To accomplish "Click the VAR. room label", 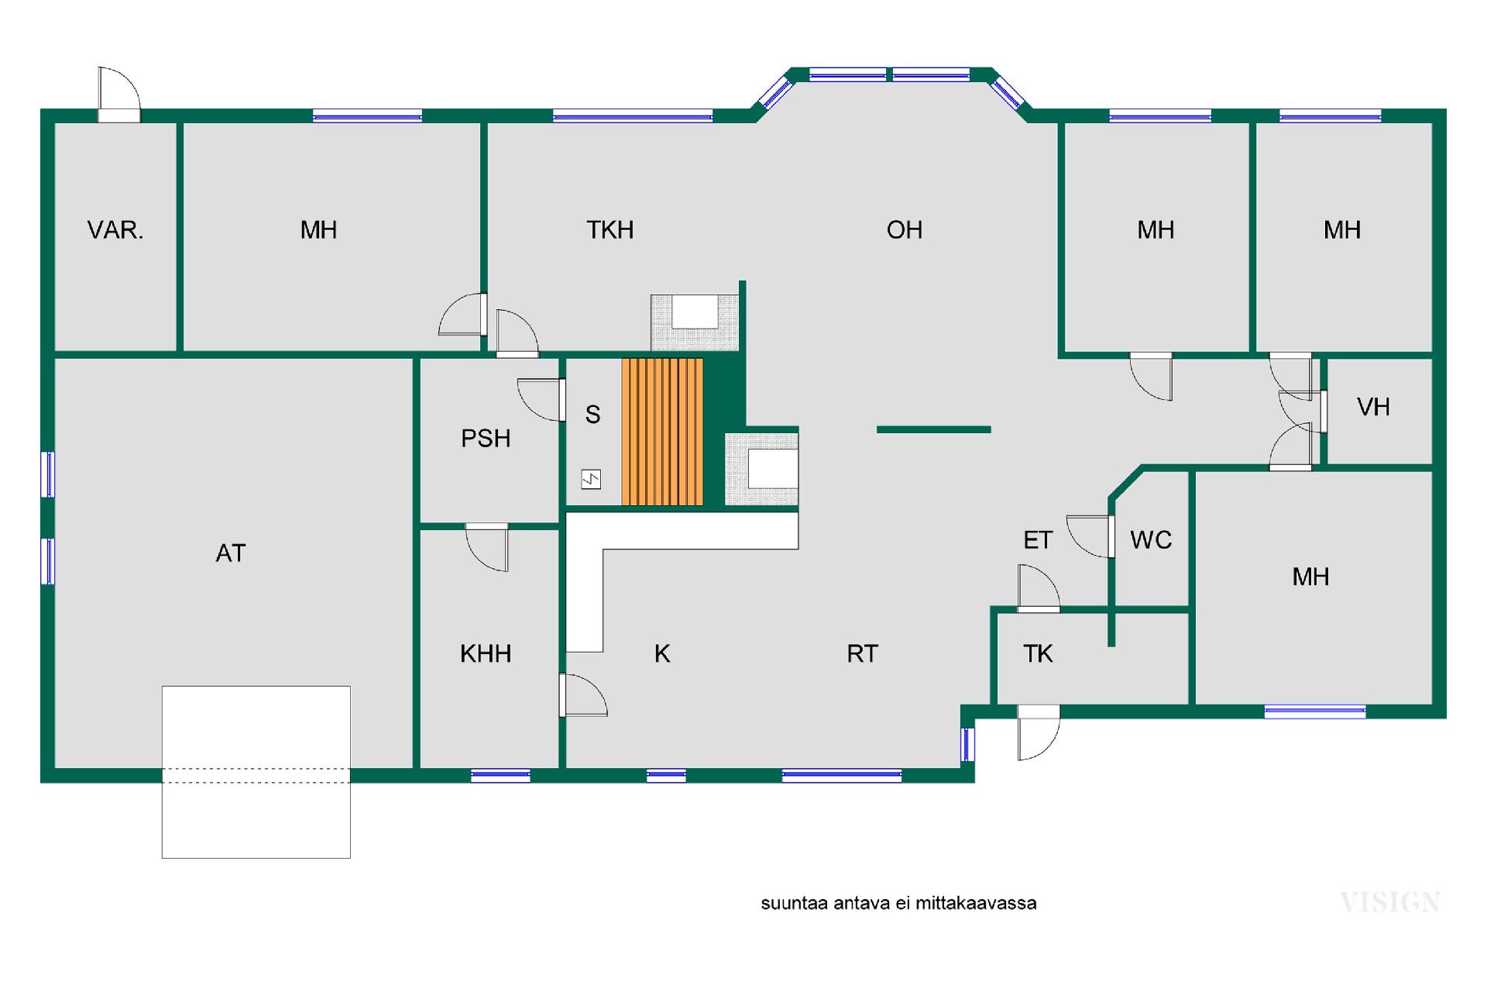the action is [115, 230].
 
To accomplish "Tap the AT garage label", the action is [231, 553].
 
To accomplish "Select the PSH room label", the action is [486, 439].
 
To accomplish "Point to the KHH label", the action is [486, 654].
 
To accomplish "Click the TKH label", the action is [610, 230].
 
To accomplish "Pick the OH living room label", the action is [905, 230].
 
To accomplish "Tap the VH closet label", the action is [1374, 408].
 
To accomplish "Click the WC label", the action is [1151, 540].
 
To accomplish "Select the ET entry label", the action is [1038, 540].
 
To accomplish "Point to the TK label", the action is [1038, 654].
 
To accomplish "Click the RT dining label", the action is [863, 654].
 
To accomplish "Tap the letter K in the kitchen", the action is [662, 654].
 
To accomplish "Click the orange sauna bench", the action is [662, 432].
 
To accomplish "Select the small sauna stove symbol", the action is [591, 480].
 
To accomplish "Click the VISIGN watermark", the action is [1390, 902].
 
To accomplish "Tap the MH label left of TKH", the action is [318, 230].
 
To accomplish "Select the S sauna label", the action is [592, 415].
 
